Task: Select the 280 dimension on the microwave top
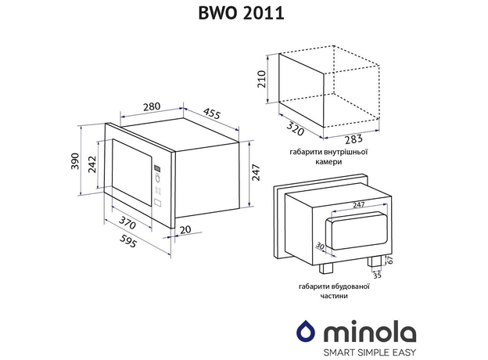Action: pyautogui.click(x=153, y=107)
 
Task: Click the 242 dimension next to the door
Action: pyautogui.click(x=93, y=164)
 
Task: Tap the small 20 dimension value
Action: pyautogui.click(x=185, y=229)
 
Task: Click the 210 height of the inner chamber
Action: pyautogui.click(x=263, y=79)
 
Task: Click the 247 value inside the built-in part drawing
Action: pyautogui.click(x=358, y=205)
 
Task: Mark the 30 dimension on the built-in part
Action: pyautogui.click(x=319, y=247)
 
